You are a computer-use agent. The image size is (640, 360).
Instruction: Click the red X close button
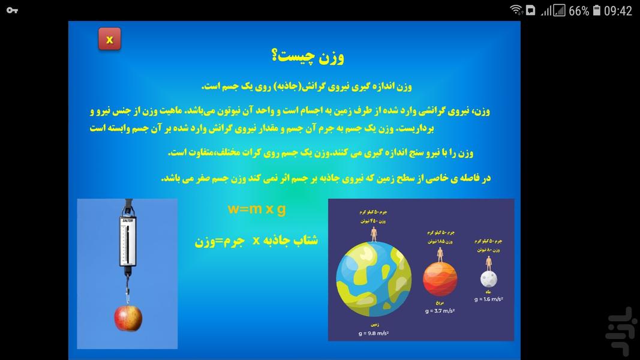(x=110, y=40)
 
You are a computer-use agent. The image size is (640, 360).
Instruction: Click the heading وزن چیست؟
(x=308, y=57)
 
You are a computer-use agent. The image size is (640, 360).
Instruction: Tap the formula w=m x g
(x=257, y=209)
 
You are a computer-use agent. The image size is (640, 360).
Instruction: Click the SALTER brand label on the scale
(x=128, y=221)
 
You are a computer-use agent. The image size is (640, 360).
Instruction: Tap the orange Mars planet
(x=440, y=279)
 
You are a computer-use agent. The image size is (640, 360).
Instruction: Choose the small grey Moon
(x=489, y=279)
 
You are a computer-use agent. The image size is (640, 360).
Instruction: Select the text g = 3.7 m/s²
(x=440, y=311)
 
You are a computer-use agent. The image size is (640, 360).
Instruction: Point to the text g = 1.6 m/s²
(x=489, y=299)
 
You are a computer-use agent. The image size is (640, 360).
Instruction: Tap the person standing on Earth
(x=374, y=233)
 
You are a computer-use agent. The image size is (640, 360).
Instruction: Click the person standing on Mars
(x=440, y=254)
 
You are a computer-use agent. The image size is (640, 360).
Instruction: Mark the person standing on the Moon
(x=489, y=263)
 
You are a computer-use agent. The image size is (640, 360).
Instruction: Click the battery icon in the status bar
(x=597, y=10)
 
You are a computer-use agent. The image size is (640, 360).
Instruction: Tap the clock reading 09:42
(x=618, y=10)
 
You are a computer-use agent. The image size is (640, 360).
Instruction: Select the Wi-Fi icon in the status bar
(x=516, y=10)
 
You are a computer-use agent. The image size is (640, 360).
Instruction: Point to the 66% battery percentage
(x=578, y=10)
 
